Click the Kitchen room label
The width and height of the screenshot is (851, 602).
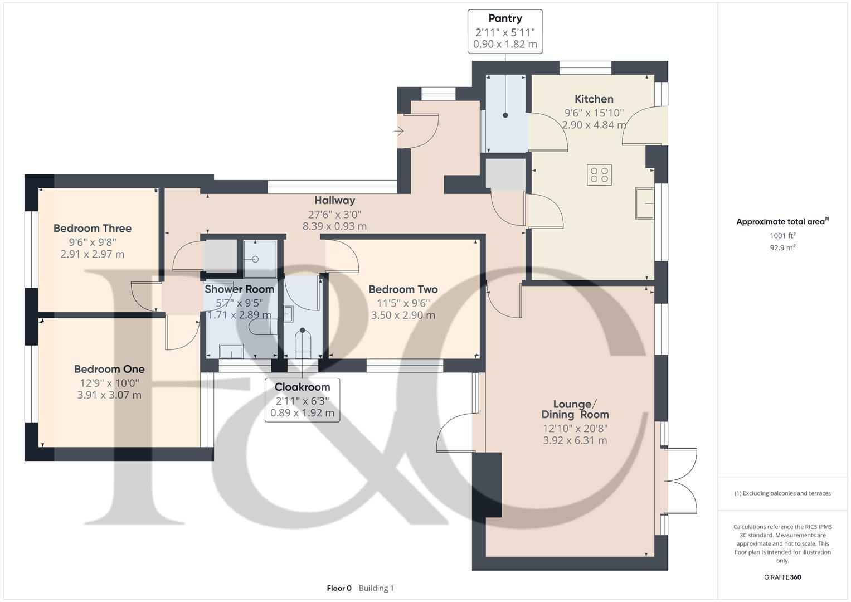tap(594, 99)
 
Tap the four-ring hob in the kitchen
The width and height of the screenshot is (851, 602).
tap(599, 175)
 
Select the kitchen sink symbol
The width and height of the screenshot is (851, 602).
tap(644, 203)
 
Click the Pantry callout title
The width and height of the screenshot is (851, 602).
tap(505, 18)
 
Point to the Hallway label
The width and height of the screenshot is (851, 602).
tap(335, 200)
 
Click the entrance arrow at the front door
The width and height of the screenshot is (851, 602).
tap(398, 132)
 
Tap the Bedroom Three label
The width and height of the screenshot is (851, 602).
tap(93, 229)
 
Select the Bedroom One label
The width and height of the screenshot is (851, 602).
tap(109, 369)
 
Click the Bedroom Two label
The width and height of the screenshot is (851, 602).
tap(403, 290)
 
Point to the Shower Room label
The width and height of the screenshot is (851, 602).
tap(239, 289)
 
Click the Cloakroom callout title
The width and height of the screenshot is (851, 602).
tap(303, 387)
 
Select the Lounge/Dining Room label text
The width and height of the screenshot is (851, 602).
tap(575, 409)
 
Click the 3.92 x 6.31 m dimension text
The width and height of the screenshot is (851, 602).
tap(575, 440)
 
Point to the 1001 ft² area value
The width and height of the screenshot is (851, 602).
tap(782, 236)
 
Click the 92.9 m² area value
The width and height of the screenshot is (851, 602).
tap(782, 248)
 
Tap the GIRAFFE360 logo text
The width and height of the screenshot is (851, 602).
tap(782, 577)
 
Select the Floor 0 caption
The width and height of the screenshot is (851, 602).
tap(339, 588)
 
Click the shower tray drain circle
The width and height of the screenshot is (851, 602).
tap(255, 259)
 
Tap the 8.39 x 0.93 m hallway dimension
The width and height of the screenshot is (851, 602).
tap(335, 226)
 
